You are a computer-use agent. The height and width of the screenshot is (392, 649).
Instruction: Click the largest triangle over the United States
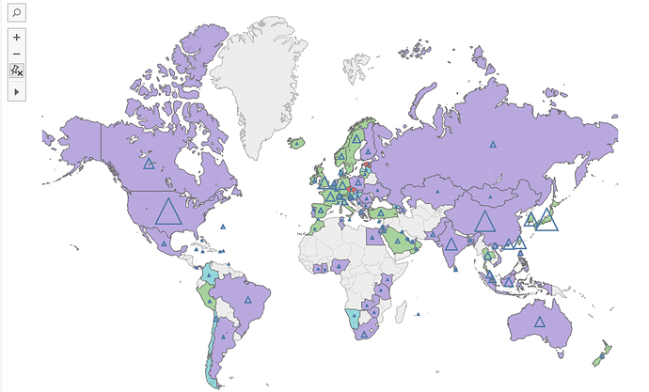[168, 212]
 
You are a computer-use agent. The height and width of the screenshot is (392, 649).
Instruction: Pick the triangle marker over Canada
[149, 164]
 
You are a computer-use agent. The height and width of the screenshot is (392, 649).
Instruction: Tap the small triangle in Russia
[491, 144]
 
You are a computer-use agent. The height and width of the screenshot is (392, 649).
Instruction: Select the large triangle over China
[484, 222]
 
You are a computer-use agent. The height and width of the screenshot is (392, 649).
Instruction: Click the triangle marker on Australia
[540, 321]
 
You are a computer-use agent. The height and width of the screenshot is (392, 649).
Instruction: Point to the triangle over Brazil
[248, 300]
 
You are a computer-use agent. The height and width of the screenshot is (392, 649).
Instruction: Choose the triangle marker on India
[451, 244]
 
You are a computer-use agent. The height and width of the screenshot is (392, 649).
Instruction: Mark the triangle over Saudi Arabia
[397, 241]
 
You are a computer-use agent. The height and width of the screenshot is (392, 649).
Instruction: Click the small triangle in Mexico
[163, 244]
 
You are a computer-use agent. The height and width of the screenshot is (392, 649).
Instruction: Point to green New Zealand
[599, 353]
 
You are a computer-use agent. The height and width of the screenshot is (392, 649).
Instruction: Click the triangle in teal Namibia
[354, 319]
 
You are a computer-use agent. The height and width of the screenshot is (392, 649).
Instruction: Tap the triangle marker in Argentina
[224, 335]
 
